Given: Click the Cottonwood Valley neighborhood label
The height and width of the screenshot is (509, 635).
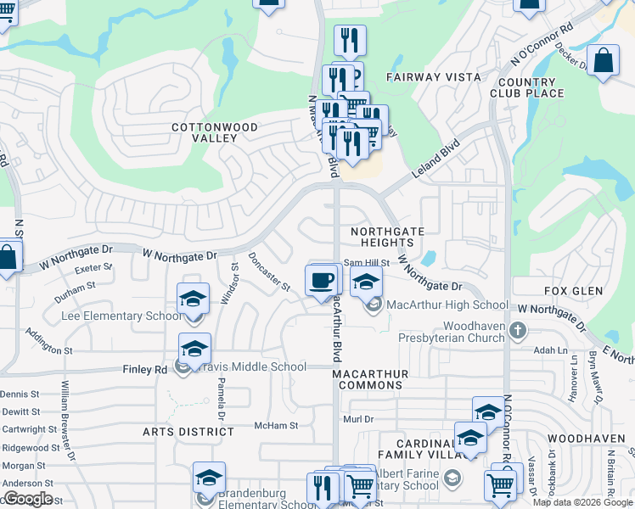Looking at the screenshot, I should (x=215, y=132).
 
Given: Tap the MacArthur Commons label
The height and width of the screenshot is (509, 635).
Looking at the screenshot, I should (x=371, y=379).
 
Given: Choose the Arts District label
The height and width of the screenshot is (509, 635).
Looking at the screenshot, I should (x=188, y=432).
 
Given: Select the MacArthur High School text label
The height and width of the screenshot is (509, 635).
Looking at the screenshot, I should (x=447, y=305).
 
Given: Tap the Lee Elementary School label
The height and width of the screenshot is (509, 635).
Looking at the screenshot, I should (x=121, y=316).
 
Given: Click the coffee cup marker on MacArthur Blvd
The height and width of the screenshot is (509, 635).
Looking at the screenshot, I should (x=321, y=281).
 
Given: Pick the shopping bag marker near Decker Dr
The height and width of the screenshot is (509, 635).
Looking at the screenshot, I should (x=603, y=61).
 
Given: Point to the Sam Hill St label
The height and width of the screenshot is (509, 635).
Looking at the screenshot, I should (x=366, y=264).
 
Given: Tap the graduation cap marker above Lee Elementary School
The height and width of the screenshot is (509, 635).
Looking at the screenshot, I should (x=194, y=299).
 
